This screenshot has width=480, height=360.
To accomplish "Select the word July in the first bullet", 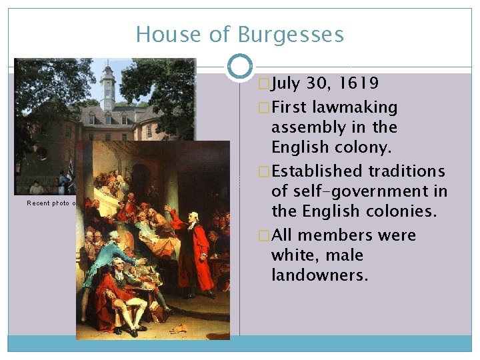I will pyautogui.click(x=286, y=83).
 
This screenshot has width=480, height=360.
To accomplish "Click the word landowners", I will pyautogui.click(x=319, y=275).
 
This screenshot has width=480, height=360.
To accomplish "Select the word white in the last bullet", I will pyautogui.click(x=295, y=255).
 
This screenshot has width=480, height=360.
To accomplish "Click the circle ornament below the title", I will pyautogui.click(x=240, y=67).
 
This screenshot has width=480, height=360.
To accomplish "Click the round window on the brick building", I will pyautogui.click(x=41, y=153).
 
